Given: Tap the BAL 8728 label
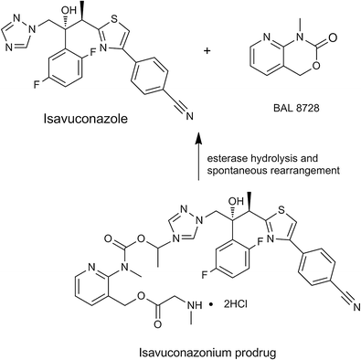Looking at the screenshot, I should pos(290,108).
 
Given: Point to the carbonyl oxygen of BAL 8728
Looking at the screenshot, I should pos(341,40).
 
